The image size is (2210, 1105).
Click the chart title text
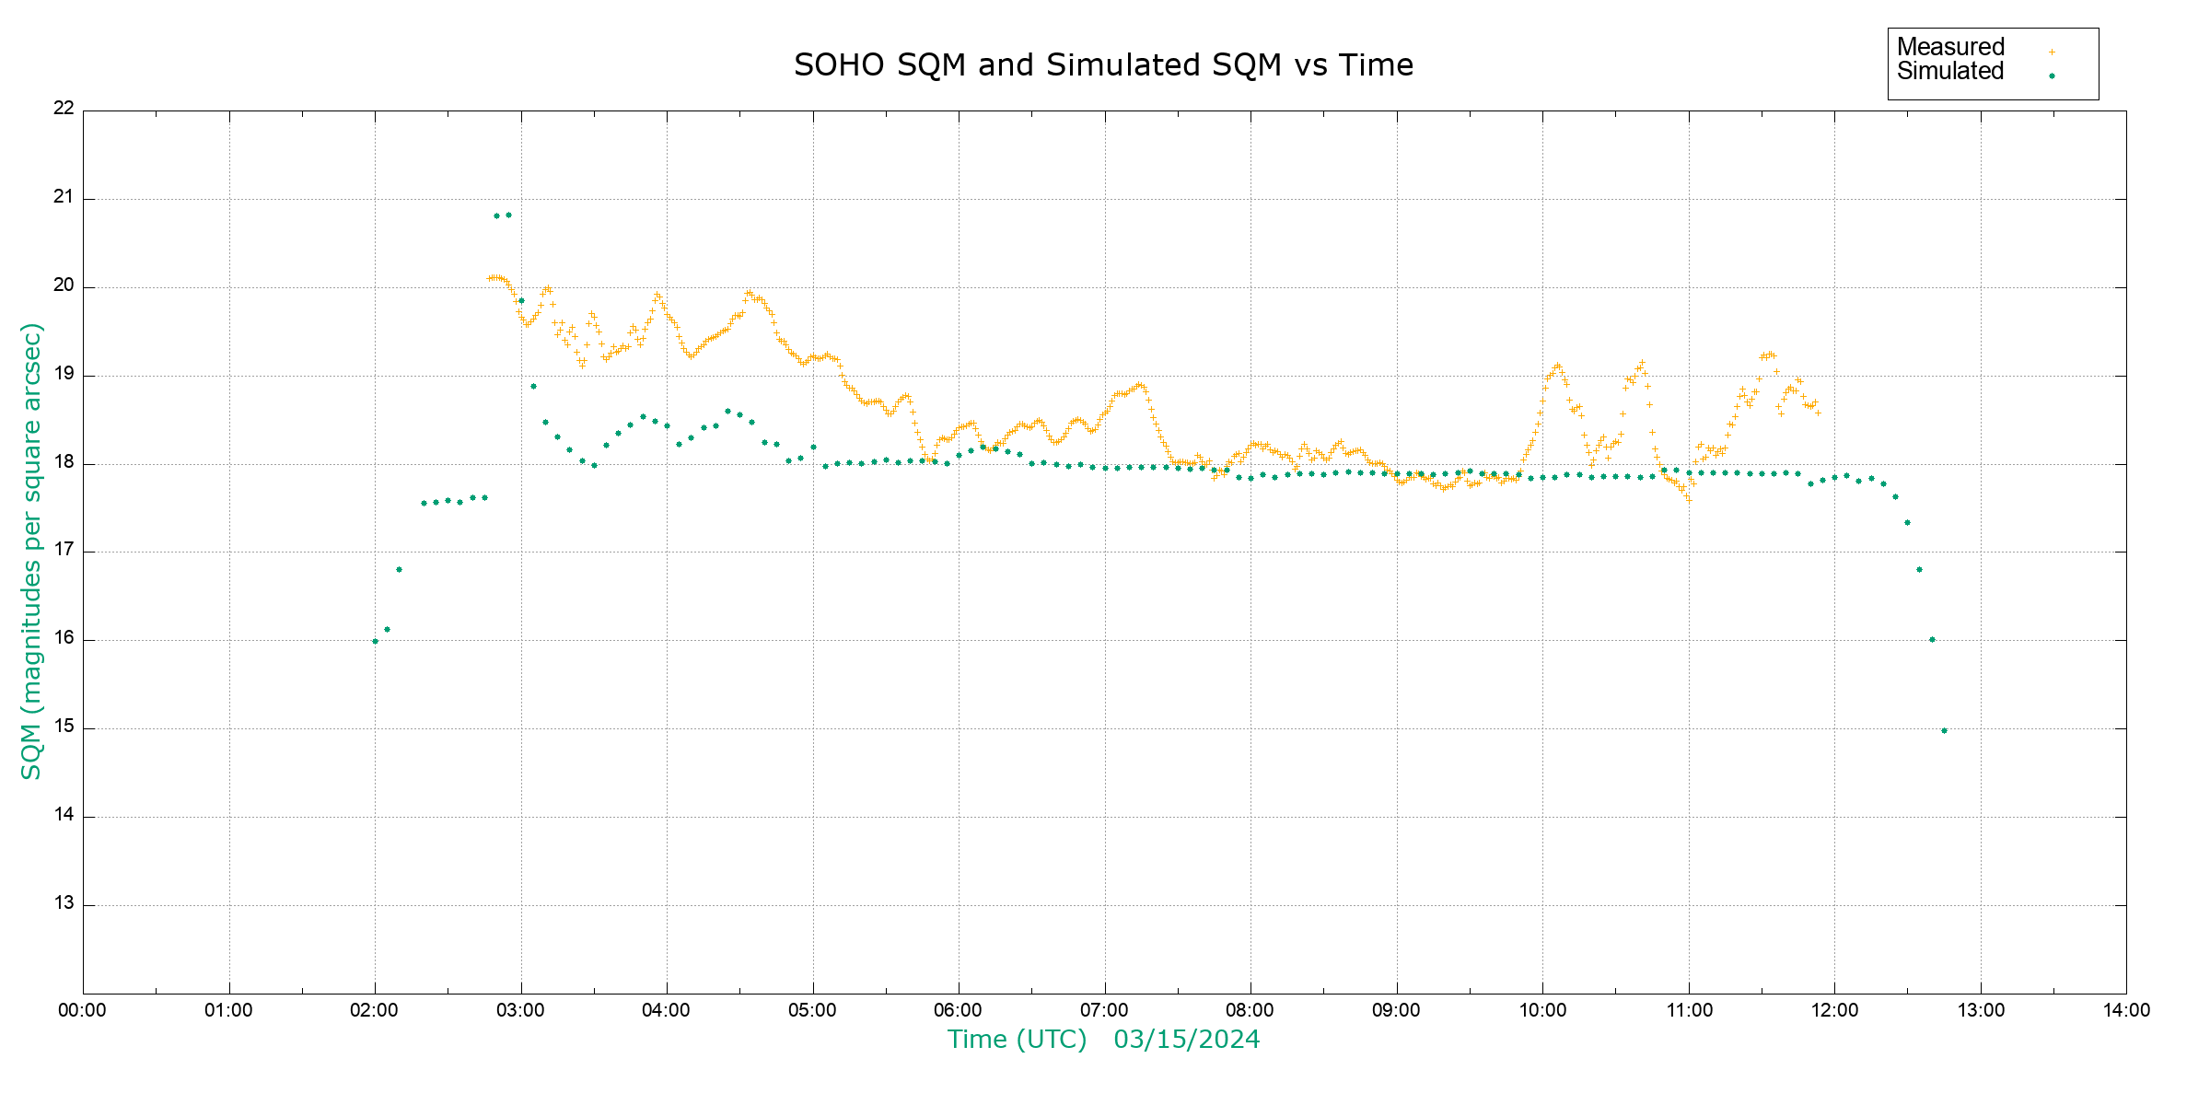click(1103, 65)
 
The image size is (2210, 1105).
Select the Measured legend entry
click(1950, 47)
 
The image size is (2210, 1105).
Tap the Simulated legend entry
click(1950, 72)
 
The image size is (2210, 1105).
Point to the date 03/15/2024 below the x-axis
click(1186, 1040)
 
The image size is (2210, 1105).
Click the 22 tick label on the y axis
click(64, 108)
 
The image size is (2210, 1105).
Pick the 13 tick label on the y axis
click(64, 903)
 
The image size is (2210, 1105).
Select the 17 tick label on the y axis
click(64, 550)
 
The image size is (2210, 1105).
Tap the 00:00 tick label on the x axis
click(83, 1010)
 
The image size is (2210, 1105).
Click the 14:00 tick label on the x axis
click(2126, 1010)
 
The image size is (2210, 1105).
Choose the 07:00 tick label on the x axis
click(1104, 1010)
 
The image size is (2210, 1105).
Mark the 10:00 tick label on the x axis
click(1542, 1010)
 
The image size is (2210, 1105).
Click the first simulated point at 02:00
click(375, 641)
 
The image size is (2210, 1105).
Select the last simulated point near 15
click(1944, 730)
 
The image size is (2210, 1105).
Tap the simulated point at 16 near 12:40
click(1932, 639)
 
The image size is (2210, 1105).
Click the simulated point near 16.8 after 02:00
click(399, 569)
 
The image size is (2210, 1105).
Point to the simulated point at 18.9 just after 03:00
click(533, 386)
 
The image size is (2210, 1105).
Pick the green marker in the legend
click(2052, 76)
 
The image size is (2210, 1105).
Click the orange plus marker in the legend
click(2052, 52)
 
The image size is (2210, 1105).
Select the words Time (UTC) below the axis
click(1017, 1040)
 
